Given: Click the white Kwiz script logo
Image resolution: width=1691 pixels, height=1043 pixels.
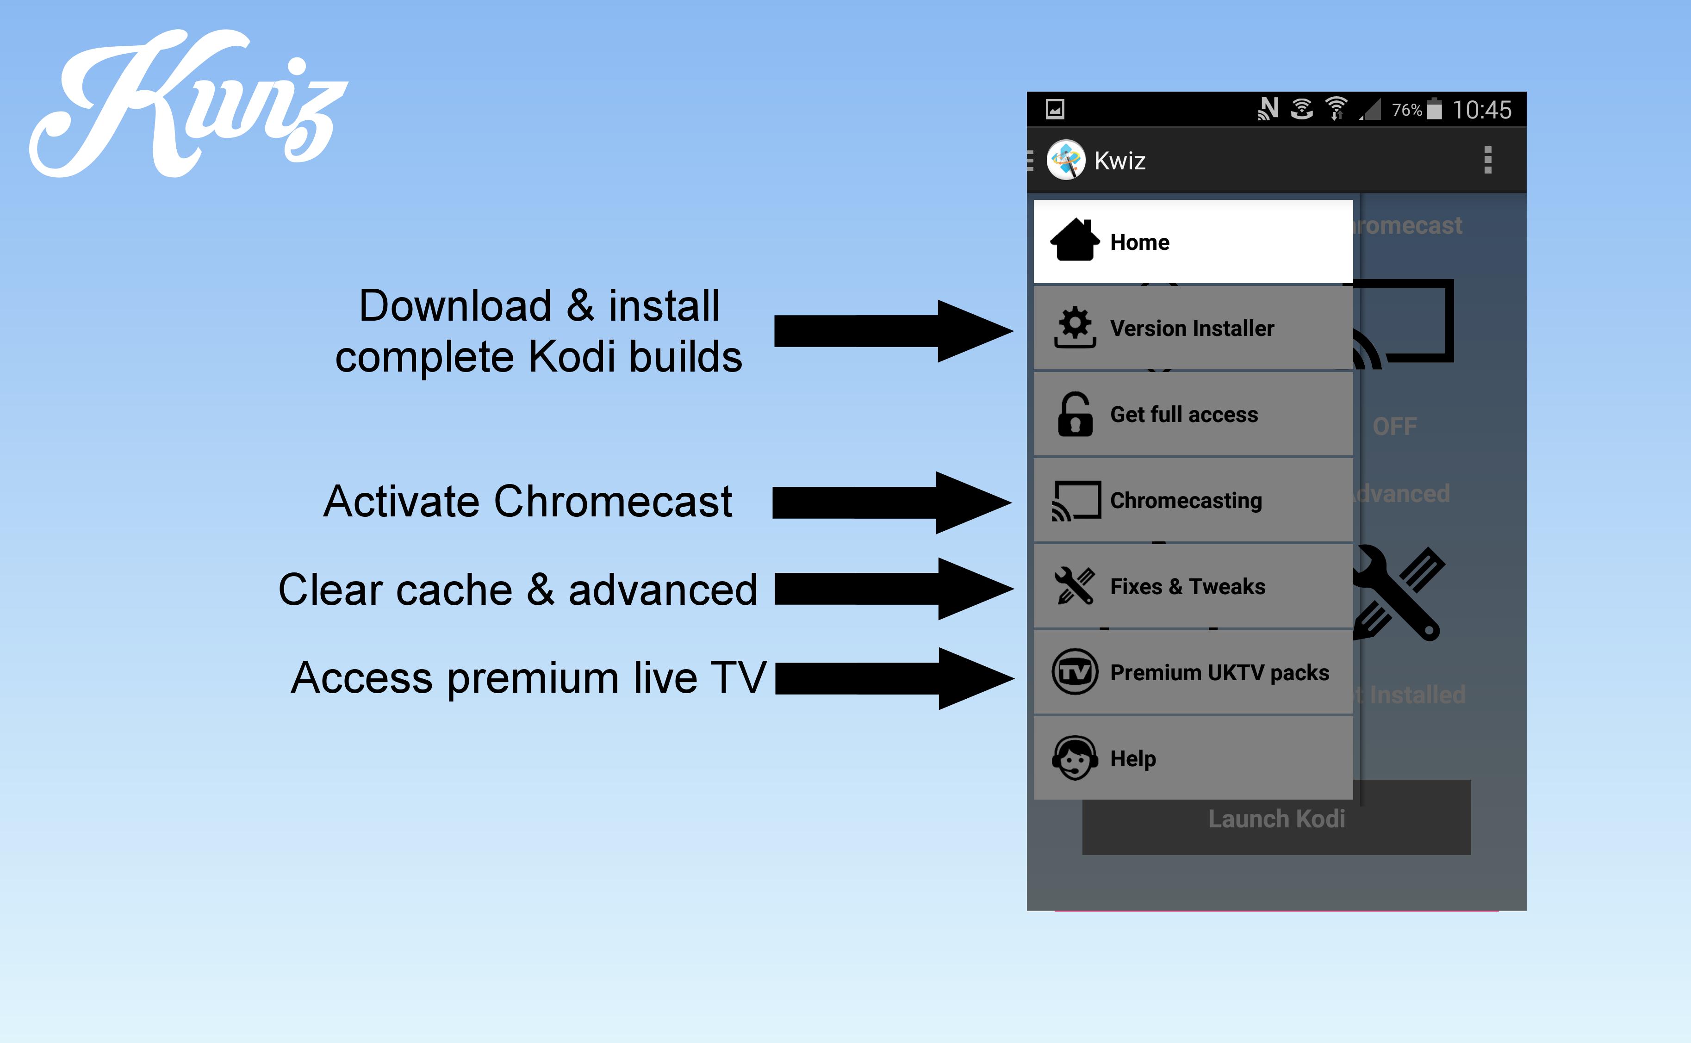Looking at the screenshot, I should click(187, 104).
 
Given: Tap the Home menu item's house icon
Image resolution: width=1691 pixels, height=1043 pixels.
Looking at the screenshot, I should click(1074, 241).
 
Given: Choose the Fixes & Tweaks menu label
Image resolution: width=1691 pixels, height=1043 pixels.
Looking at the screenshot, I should click(1187, 586).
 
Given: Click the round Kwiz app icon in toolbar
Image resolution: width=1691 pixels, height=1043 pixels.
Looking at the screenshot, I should click(1065, 160).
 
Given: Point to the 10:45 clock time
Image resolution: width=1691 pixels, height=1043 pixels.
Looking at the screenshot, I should click(1481, 110).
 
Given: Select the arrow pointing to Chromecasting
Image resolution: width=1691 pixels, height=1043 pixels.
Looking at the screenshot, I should click(891, 503).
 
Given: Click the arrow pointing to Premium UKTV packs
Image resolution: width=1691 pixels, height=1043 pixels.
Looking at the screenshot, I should click(894, 678).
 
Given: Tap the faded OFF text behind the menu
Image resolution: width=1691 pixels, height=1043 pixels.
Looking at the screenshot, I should click(1394, 426).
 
